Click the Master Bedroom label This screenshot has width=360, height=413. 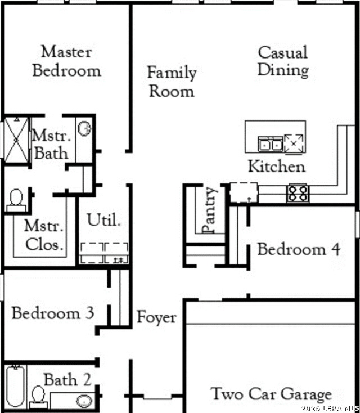[66, 61]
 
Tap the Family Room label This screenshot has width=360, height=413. [172, 82]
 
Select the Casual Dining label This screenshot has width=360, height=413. [283, 61]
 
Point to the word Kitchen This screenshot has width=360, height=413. [277, 167]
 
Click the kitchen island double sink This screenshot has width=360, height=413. [271, 144]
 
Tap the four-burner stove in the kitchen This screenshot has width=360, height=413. [298, 194]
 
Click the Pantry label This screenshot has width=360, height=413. [210, 210]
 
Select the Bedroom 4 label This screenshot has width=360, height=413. [299, 249]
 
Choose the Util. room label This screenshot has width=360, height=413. [103, 220]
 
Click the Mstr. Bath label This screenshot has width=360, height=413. [52, 145]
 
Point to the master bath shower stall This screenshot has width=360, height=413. [16, 140]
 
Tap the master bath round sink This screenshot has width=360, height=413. [84, 128]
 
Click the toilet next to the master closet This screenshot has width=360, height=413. [16, 200]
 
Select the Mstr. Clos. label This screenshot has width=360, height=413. [44, 235]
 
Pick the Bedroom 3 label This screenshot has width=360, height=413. [53, 313]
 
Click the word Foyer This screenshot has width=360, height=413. [156, 318]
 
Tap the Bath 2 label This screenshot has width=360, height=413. [67, 380]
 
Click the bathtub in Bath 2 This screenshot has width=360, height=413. [16, 386]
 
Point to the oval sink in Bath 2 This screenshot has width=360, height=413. [84, 401]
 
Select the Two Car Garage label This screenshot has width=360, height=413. [271, 394]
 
